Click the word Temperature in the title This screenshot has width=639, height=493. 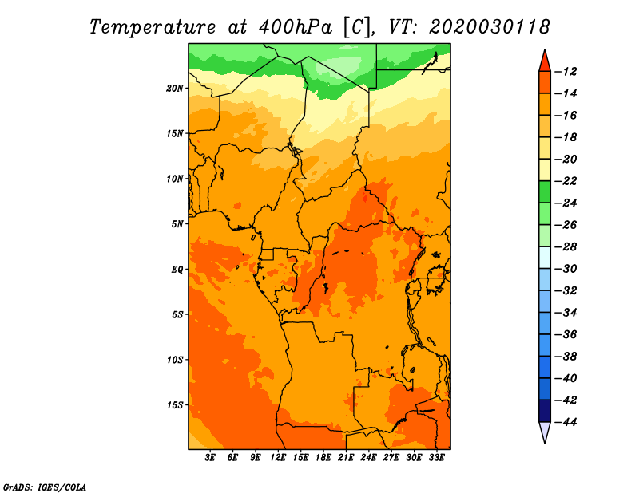click(x=153, y=27)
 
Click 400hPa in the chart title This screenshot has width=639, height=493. click(x=295, y=27)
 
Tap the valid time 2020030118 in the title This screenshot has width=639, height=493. click(x=489, y=27)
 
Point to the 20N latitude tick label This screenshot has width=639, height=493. click(x=175, y=89)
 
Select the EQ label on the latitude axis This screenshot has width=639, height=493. click(x=177, y=270)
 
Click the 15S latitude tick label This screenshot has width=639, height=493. click(x=175, y=405)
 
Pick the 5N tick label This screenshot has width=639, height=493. click(x=177, y=224)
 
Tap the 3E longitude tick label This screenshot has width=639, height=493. click(x=210, y=458)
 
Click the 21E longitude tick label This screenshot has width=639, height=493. click(x=346, y=458)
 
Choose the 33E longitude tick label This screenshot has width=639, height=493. click(x=436, y=458)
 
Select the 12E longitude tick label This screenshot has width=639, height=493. click(x=278, y=458)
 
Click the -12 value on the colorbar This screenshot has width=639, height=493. click(x=566, y=72)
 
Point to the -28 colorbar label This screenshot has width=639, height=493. click(x=566, y=246)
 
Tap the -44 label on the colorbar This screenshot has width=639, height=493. click(x=566, y=422)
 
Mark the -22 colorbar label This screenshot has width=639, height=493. click(x=566, y=181)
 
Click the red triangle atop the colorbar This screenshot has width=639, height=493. click(x=545, y=62)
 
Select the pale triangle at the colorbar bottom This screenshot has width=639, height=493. click(x=545, y=431)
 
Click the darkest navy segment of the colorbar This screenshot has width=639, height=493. click(x=545, y=411)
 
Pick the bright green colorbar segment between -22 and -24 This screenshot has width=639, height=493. click(x=545, y=192)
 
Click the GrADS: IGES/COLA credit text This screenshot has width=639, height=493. click(x=45, y=487)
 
